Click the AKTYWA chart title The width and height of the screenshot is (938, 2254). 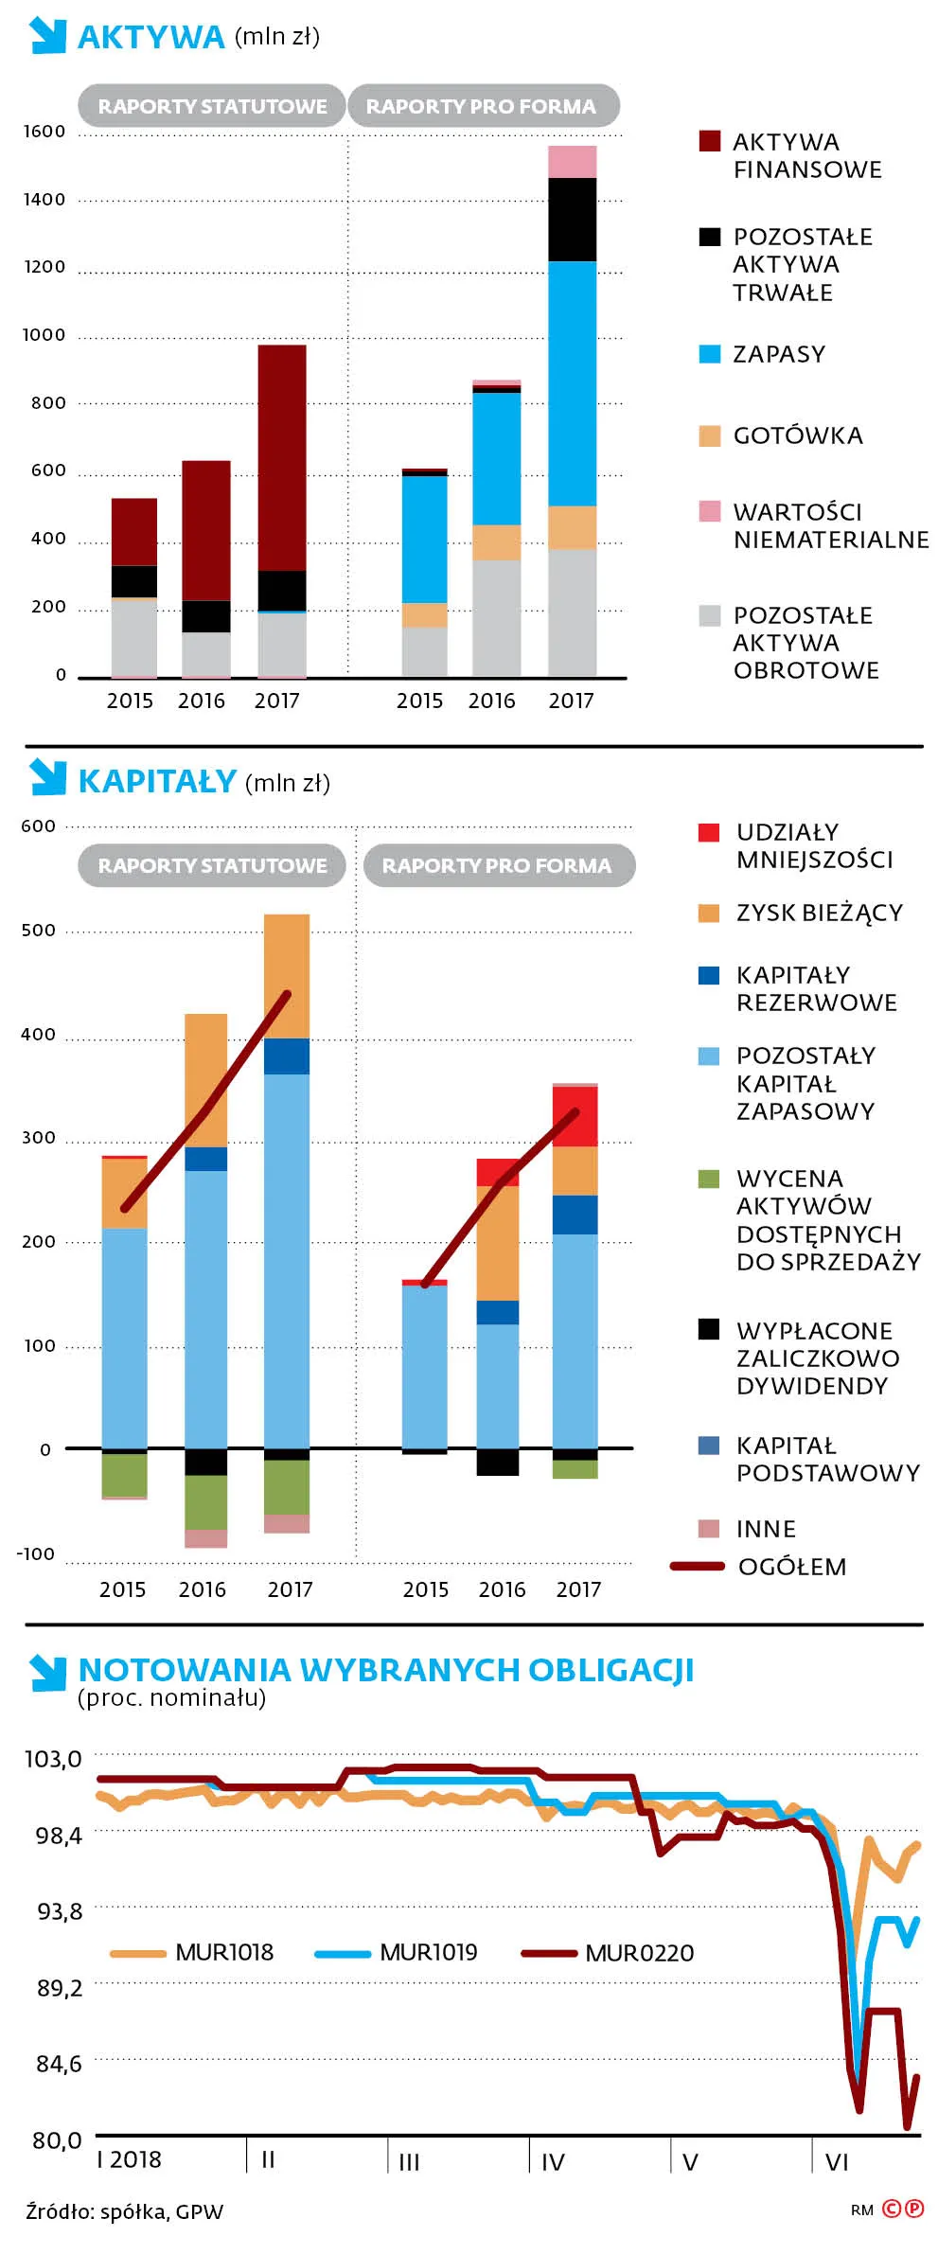(150, 37)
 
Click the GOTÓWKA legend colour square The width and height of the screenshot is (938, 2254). (709, 435)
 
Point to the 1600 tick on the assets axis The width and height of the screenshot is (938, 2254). (44, 132)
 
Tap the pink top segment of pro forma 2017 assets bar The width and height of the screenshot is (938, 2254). (572, 162)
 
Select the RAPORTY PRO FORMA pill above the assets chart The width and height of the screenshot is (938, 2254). (482, 106)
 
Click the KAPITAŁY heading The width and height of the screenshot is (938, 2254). (157, 781)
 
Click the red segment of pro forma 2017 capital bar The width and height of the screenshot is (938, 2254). (575, 1116)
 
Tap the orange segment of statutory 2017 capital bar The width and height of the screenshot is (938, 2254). (287, 975)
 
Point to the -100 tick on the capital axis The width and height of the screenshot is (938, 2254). (36, 1554)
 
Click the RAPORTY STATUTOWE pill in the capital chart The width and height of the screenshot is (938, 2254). (212, 865)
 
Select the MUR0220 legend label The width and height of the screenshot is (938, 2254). (639, 1953)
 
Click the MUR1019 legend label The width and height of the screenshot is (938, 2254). (428, 1952)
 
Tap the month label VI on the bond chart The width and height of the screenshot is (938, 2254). (837, 2162)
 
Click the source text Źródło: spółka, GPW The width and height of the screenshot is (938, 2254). (125, 2211)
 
